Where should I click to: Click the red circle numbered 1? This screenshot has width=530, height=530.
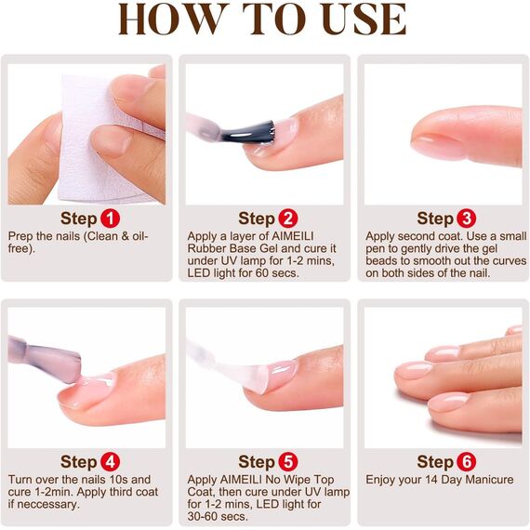(111, 219)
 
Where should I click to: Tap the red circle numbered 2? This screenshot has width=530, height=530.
(288, 219)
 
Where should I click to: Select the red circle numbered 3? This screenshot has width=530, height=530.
(466, 219)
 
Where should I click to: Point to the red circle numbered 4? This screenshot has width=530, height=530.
(111, 462)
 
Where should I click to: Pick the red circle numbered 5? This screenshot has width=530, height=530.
(288, 462)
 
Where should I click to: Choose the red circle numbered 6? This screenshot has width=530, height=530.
(466, 462)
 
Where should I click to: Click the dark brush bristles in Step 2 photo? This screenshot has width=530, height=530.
(256, 129)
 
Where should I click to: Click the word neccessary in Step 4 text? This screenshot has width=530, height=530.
(49, 505)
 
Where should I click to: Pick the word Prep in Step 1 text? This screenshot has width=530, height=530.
(21, 236)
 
